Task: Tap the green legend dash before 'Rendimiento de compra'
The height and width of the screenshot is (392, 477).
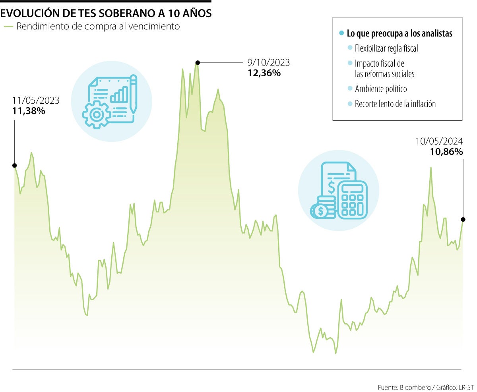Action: (8, 27)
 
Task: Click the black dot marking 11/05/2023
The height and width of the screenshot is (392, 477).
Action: (15, 165)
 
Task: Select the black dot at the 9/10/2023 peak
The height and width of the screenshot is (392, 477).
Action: (197, 62)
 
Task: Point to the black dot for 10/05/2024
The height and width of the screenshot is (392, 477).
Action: (463, 219)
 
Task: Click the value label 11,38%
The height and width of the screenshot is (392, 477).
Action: (29, 111)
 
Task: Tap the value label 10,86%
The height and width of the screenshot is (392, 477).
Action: (446, 151)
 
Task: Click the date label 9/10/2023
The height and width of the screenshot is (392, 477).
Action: (269, 62)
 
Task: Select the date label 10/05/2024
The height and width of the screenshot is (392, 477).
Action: (439, 141)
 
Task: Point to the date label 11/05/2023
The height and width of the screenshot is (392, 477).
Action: (36, 100)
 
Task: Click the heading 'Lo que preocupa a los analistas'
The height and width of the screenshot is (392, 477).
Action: (399, 34)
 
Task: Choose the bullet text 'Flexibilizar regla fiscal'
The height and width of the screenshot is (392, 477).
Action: (386, 49)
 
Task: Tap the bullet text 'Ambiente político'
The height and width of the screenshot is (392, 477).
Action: (381, 89)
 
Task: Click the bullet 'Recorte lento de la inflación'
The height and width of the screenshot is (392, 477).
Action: (395, 104)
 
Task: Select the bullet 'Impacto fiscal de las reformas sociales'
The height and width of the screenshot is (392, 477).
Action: (384, 69)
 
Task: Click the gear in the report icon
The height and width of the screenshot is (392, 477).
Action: (96, 114)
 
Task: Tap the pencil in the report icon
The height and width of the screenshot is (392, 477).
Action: (133, 93)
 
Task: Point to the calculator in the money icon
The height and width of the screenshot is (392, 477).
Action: (351, 199)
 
